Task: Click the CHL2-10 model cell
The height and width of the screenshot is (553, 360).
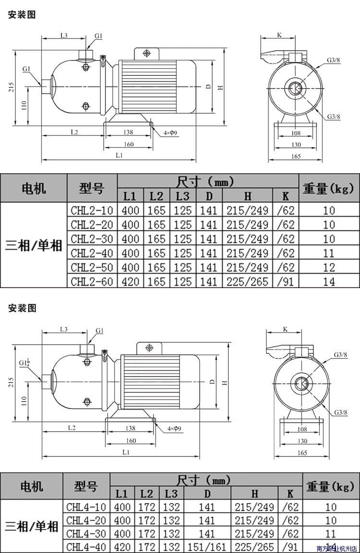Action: [x=92, y=210]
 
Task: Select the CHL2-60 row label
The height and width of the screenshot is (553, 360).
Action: [x=92, y=281]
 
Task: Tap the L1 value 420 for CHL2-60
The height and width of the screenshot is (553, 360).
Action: [x=130, y=281]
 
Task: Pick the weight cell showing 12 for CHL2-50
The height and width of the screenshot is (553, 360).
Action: [x=329, y=267]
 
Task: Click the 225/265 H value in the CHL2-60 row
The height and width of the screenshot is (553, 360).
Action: [x=248, y=281]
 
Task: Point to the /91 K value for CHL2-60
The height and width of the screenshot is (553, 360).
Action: [x=286, y=281]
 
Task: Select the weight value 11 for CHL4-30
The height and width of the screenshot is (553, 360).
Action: [x=329, y=533]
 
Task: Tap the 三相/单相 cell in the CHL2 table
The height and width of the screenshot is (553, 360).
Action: [x=34, y=246]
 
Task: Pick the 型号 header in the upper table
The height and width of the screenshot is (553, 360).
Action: [x=92, y=188]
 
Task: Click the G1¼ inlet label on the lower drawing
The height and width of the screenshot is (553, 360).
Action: [x=24, y=362]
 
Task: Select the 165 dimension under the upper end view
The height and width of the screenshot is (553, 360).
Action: [x=295, y=156]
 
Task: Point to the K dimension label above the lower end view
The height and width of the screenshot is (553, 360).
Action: [x=285, y=329]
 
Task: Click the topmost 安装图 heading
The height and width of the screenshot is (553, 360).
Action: [x=22, y=15]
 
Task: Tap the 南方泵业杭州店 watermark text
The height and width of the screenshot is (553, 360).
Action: [x=336, y=548]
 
